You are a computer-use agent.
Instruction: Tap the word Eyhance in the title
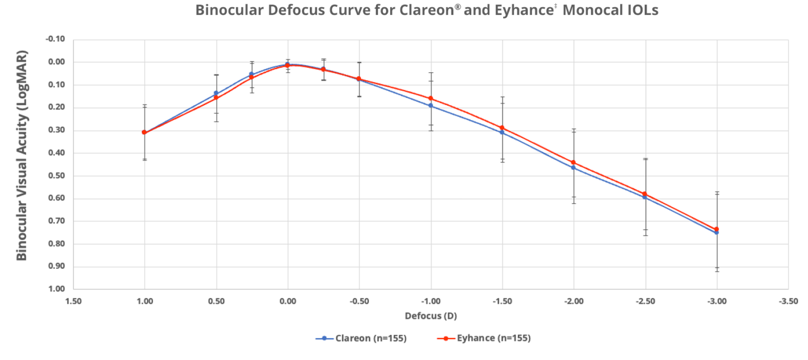pyautogui.click(x=524, y=10)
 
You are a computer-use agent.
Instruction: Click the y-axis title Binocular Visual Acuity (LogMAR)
pyautogui.click(x=21, y=156)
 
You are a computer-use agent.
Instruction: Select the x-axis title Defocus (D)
pyautogui.click(x=431, y=316)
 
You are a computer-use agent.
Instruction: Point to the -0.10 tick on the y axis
pyautogui.click(x=55, y=39)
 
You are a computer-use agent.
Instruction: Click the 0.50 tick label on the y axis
pyautogui.click(x=57, y=176)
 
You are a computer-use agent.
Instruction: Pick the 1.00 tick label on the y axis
pyautogui.click(x=57, y=289)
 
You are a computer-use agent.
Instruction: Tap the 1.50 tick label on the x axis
pyautogui.click(x=73, y=301)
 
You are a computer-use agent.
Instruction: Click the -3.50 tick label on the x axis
pyautogui.click(x=788, y=301)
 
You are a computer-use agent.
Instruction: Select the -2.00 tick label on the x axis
pyautogui.click(x=574, y=301)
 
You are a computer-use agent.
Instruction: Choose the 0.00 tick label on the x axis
pyautogui.click(x=288, y=301)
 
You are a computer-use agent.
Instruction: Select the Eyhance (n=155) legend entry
pyautogui.click(x=484, y=338)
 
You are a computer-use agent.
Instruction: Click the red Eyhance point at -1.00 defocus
pyautogui.click(x=431, y=98)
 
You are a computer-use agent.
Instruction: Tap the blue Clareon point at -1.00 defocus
pyautogui.click(x=431, y=106)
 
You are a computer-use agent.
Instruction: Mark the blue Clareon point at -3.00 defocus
pyautogui.click(x=717, y=232)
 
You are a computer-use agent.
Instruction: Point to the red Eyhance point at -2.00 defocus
pyautogui.click(x=573, y=163)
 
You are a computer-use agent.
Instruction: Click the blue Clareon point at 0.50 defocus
pyautogui.click(x=216, y=93)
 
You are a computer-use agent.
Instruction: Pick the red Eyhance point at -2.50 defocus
pyautogui.click(x=645, y=194)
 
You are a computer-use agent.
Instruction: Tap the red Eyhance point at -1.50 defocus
pyautogui.click(x=502, y=128)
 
